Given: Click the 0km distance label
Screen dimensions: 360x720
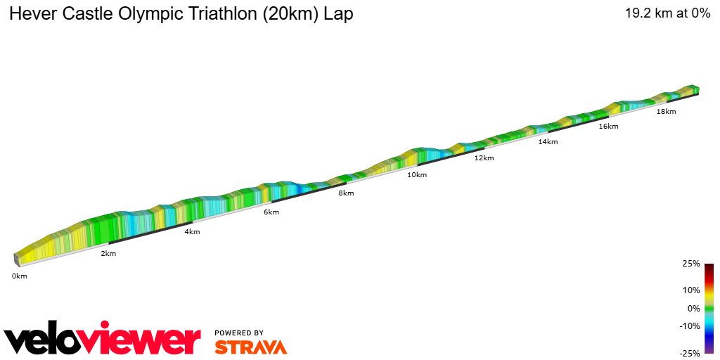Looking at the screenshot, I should tap(19, 276).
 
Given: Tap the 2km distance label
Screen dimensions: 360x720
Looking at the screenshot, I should tap(108, 253).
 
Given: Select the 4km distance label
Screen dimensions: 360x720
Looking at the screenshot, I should tap(192, 232).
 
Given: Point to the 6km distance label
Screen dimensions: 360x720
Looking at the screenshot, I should tap(271, 212).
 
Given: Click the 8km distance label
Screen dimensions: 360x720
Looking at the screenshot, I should tap(346, 193).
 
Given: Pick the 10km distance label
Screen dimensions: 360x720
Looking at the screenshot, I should tap(417, 175).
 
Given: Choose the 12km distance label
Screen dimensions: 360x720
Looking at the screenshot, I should tap(484, 158).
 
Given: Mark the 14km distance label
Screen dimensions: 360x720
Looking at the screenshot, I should tap(548, 142).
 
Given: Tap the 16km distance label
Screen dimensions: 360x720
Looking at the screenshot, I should tap(608, 127).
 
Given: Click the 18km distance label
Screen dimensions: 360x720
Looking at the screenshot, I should tap(666, 112).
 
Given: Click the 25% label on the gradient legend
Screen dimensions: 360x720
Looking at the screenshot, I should tap(691, 264).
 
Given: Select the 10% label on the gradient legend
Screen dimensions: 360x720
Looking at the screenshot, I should tap(691, 290).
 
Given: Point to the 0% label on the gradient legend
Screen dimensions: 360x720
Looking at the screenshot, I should tap(693, 308).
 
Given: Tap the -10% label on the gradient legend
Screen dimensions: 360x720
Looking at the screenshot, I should tap(690, 326).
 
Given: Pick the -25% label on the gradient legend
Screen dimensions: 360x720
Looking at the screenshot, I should tap(690, 354).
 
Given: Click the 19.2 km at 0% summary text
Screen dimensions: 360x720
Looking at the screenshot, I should tap(667, 13).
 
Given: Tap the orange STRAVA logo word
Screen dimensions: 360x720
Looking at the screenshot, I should tap(250, 347).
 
